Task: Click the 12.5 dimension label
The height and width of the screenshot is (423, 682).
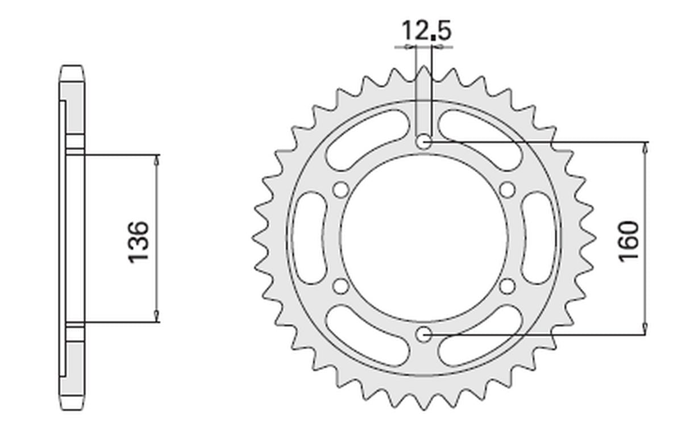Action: (x=426, y=31)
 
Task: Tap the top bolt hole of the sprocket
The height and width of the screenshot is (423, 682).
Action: (x=423, y=142)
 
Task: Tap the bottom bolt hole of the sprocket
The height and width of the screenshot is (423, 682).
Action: (x=423, y=335)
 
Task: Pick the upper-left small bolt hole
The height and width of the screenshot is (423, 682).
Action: (x=340, y=190)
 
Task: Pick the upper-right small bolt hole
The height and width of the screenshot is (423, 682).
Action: (x=507, y=190)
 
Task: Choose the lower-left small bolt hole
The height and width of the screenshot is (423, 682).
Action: (x=340, y=287)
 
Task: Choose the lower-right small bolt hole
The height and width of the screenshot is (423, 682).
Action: (x=507, y=287)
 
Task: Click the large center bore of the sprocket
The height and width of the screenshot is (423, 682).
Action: (x=423, y=238)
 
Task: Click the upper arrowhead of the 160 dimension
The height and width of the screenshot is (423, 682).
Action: (x=645, y=147)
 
